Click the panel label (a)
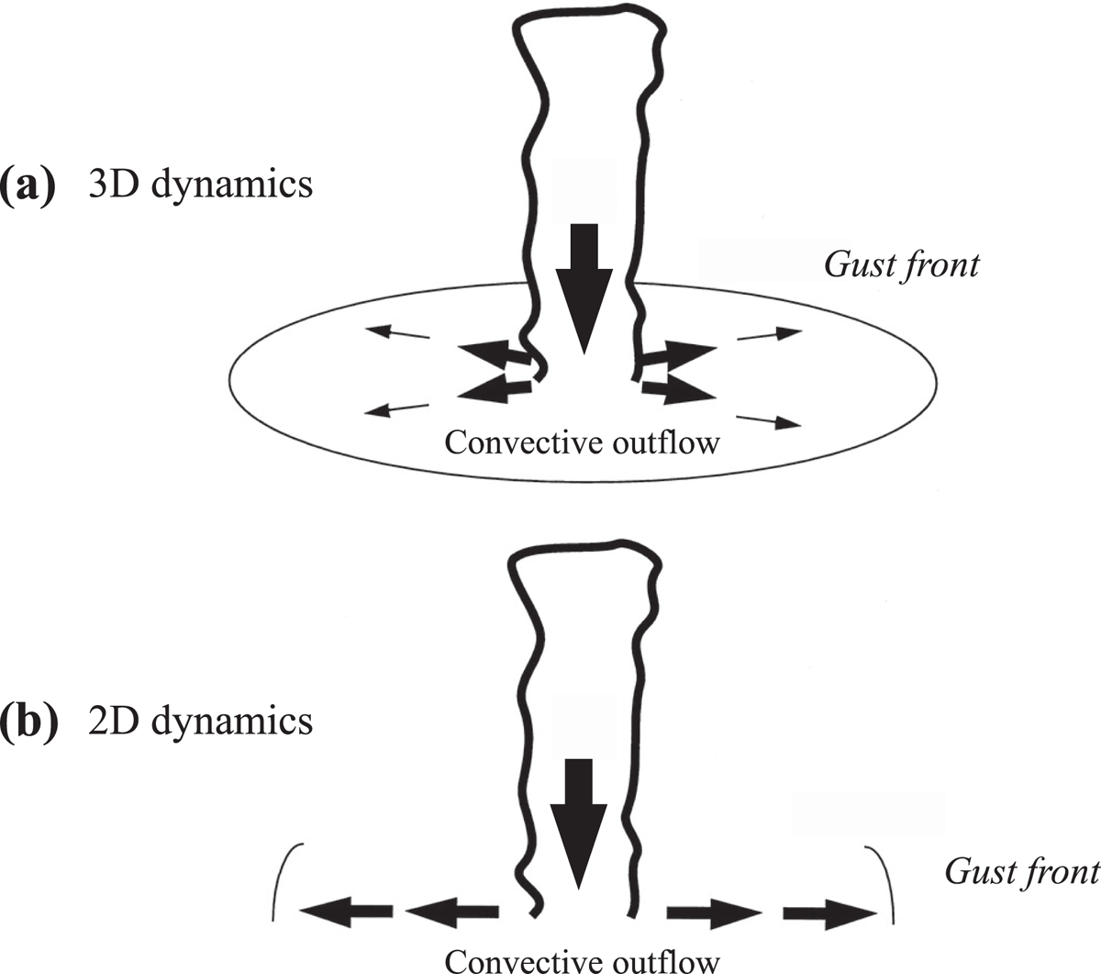point(28,185)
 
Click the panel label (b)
point(29,722)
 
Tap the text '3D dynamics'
point(201,185)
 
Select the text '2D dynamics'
point(201,722)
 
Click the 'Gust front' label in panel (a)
point(902,266)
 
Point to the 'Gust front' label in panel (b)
point(1023,873)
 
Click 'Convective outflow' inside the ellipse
point(582,442)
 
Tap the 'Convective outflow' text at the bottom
point(582,960)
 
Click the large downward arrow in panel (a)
point(584,289)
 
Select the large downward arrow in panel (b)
point(578,824)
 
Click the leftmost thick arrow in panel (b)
point(346,911)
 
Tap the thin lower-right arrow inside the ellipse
point(769,421)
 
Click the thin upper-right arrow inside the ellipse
point(769,334)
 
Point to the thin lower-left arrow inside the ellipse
point(396,409)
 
